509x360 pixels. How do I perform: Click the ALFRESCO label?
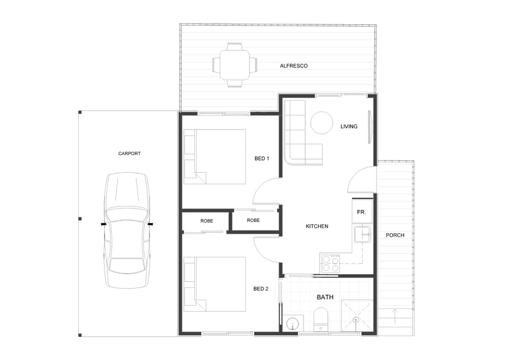click(x=294, y=66)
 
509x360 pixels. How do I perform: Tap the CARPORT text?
click(x=129, y=153)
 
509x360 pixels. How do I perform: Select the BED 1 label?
click(x=261, y=158)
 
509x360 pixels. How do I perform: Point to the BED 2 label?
click(x=261, y=289)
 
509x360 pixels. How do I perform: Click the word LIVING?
click(x=348, y=127)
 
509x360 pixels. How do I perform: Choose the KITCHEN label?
click(x=317, y=227)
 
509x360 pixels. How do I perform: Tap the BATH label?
click(x=325, y=297)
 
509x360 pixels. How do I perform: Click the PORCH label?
click(x=395, y=235)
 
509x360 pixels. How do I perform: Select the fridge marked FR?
click(x=362, y=212)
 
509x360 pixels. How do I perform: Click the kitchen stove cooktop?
click(x=331, y=263)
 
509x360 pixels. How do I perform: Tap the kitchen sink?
click(x=363, y=234)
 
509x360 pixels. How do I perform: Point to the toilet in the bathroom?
click(x=321, y=320)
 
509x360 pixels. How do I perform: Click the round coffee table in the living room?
click(x=322, y=123)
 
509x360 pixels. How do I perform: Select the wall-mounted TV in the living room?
click(x=369, y=127)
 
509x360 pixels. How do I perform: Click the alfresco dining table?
click(x=235, y=65)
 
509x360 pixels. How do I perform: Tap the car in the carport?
click(x=127, y=230)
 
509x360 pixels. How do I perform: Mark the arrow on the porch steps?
click(x=395, y=316)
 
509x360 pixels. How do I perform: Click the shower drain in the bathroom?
click(x=357, y=320)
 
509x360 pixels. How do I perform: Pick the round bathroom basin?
click(x=293, y=323)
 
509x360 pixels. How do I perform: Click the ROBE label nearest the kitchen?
click(x=253, y=220)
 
